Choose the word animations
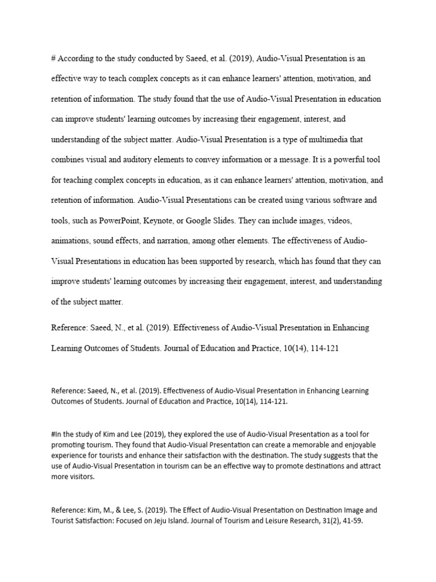click(x=70, y=241)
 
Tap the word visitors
click(x=83, y=477)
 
